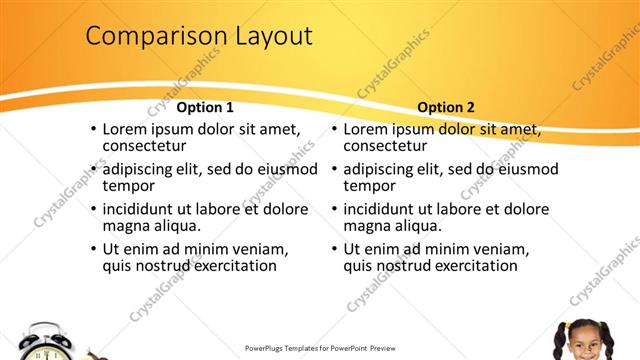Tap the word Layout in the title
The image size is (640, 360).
pyautogui.click(x=265, y=37)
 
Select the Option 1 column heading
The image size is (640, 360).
pyautogui.click(x=205, y=108)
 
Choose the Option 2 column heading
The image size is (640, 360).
pyautogui.click(x=446, y=108)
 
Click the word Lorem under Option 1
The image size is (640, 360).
pyautogui.click(x=126, y=129)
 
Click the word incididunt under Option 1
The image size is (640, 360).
pyautogui.click(x=145, y=209)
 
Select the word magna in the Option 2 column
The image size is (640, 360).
pyautogui.click(x=368, y=226)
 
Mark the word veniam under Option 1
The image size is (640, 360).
pyautogui.click(x=258, y=249)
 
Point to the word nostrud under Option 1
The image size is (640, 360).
pyautogui.click(x=165, y=266)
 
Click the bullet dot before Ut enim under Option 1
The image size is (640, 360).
pyautogui.click(x=93, y=249)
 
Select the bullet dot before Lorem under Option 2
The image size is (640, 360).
pyautogui.click(x=334, y=129)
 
